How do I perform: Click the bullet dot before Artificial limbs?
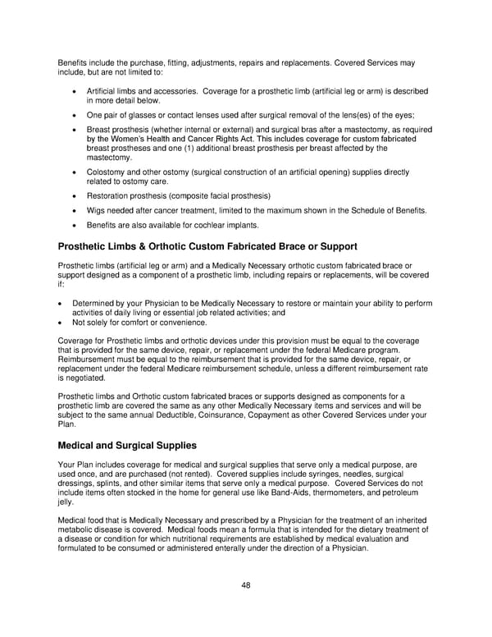tap(75, 90)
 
